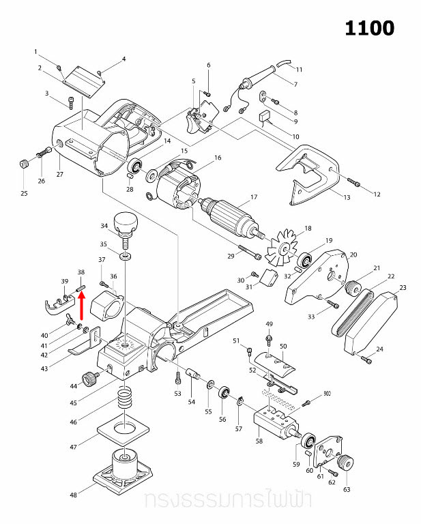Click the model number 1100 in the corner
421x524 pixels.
369,28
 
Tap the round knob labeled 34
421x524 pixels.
126,222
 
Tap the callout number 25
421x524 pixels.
24,194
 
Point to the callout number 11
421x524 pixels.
299,70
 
